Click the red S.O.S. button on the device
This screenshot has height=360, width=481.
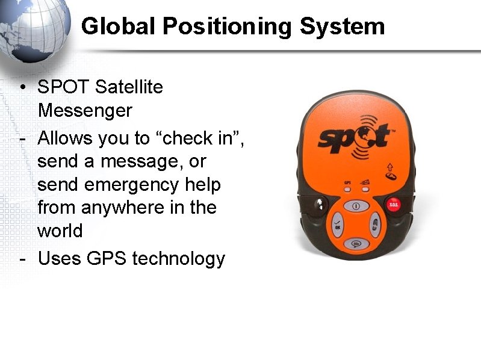(394, 205)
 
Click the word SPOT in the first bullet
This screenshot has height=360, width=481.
(63, 87)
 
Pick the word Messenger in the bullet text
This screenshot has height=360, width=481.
(84, 111)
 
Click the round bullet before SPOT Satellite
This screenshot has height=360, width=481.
(22, 88)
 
